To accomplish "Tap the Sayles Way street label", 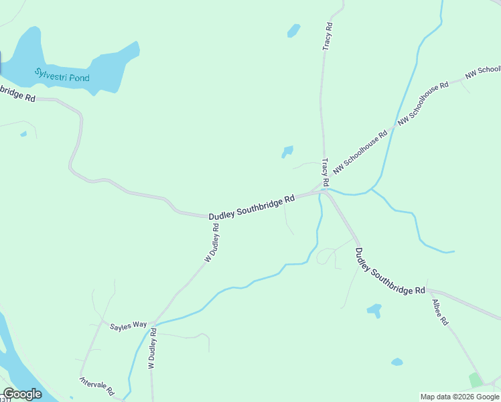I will coord(129,324).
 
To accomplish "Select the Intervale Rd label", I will coord(98,386).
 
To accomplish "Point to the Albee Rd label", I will coord(440,311).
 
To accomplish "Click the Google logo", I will coord(22,394).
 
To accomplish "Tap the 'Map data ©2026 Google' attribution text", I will coord(460,397).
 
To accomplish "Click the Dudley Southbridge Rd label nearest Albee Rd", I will coord(389,272).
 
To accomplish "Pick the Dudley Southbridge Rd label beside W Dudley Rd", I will coord(251,208).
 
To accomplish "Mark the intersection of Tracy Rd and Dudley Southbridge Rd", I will coord(324,191).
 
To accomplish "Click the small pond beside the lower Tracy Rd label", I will coord(287,151).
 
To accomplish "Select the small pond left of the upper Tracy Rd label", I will coord(293,30).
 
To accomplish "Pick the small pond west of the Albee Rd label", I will coord(374,310).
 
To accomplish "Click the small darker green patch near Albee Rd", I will coord(476,380).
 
